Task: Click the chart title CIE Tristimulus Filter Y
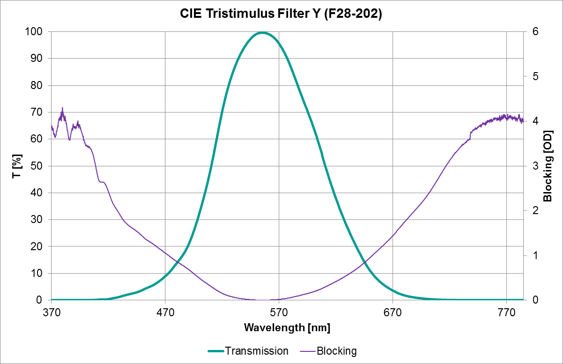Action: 281,14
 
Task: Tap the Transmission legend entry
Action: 248,351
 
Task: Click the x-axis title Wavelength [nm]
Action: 287,327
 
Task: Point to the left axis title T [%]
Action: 17,166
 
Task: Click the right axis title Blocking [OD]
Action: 548,166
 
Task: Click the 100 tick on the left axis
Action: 36,32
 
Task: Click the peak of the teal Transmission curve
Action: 262,32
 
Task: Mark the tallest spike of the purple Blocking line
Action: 62,108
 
